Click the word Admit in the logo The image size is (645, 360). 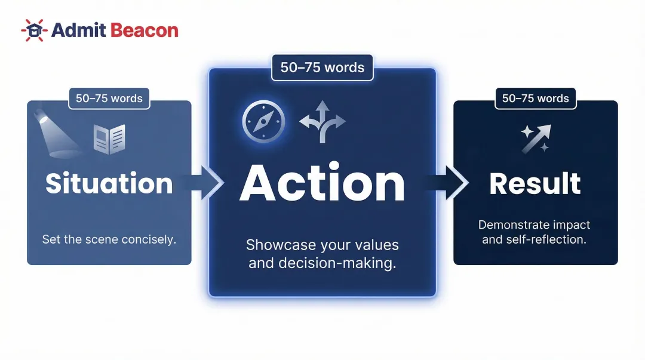point(78,30)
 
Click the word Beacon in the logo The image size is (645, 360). point(145,30)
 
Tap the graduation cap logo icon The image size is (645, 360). point(34,30)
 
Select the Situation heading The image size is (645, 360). point(109,183)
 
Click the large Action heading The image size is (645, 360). point(322,183)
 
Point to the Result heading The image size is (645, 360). point(535,183)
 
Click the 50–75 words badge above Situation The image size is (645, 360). point(109,99)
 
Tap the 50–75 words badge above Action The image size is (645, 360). point(322,67)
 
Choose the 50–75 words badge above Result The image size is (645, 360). point(536,99)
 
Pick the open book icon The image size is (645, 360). point(109,139)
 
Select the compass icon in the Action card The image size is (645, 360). point(263,121)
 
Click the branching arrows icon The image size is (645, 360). point(322,122)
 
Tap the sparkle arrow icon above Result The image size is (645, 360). point(536,139)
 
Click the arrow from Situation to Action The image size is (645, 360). point(204,183)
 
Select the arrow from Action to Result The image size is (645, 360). point(447,183)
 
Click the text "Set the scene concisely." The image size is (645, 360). point(109,239)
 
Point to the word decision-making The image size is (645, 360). point(337,263)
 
